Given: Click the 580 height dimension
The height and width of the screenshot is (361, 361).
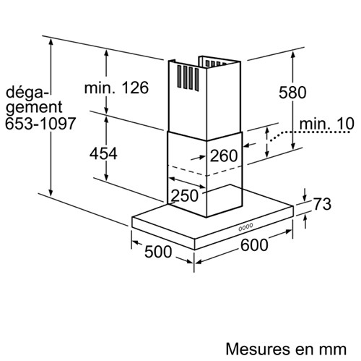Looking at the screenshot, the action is [x=292, y=93].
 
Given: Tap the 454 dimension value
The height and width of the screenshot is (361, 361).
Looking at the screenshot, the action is [x=103, y=153].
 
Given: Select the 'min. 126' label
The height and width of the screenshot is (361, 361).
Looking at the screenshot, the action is [x=116, y=88].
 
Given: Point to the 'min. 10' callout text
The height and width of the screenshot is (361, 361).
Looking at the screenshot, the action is [x=326, y=124].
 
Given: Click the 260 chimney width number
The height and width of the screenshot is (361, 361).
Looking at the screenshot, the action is [x=224, y=156].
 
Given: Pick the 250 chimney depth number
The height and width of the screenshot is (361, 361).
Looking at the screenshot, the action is [x=185, y=195].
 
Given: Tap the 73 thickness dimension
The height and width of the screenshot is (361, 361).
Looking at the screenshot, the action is [x=322, y=204].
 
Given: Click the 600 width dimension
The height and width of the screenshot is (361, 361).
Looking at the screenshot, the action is [x=254, y=245].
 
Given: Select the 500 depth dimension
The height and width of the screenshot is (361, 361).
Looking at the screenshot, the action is [x=158, y=252].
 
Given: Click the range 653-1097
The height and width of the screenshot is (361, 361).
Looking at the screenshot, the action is [x=40, y=124].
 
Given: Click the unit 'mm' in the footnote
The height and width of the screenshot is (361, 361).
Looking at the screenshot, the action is [x=334, y=350].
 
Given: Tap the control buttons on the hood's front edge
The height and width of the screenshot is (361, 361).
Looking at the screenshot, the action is [x=245, y=226].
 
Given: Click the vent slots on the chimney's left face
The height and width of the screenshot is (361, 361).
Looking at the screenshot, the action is [x=188, y=77].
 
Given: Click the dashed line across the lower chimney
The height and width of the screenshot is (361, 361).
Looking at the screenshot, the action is [x=204, y=171].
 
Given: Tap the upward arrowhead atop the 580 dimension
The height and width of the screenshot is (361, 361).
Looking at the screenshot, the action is [x=292, y=55].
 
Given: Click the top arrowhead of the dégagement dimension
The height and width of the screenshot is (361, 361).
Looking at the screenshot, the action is [x=51, y=43].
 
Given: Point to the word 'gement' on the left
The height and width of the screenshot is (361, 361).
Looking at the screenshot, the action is [x=34, y=108].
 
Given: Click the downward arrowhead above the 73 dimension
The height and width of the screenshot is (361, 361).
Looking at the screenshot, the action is [x=305, y=198].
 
